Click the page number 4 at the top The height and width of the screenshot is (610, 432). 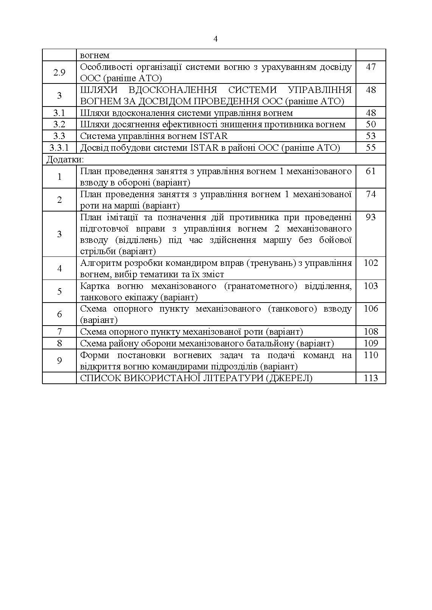point(216,39)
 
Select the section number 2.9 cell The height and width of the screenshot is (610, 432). point(59,73)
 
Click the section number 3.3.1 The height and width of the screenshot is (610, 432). point(59,147)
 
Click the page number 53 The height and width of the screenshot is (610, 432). point(371,136)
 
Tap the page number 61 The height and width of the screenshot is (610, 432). point(371,171)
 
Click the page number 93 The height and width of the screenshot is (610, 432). point(371,217)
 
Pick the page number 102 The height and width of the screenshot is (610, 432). point(371,263)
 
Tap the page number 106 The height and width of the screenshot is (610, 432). point(371,309)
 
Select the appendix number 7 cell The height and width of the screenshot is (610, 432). point(59,332)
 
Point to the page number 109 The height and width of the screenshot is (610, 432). point(371,343)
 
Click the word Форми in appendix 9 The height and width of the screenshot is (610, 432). point(95,355)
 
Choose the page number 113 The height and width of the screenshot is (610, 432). point(371,378)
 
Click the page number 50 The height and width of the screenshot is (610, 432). point(371,124)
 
